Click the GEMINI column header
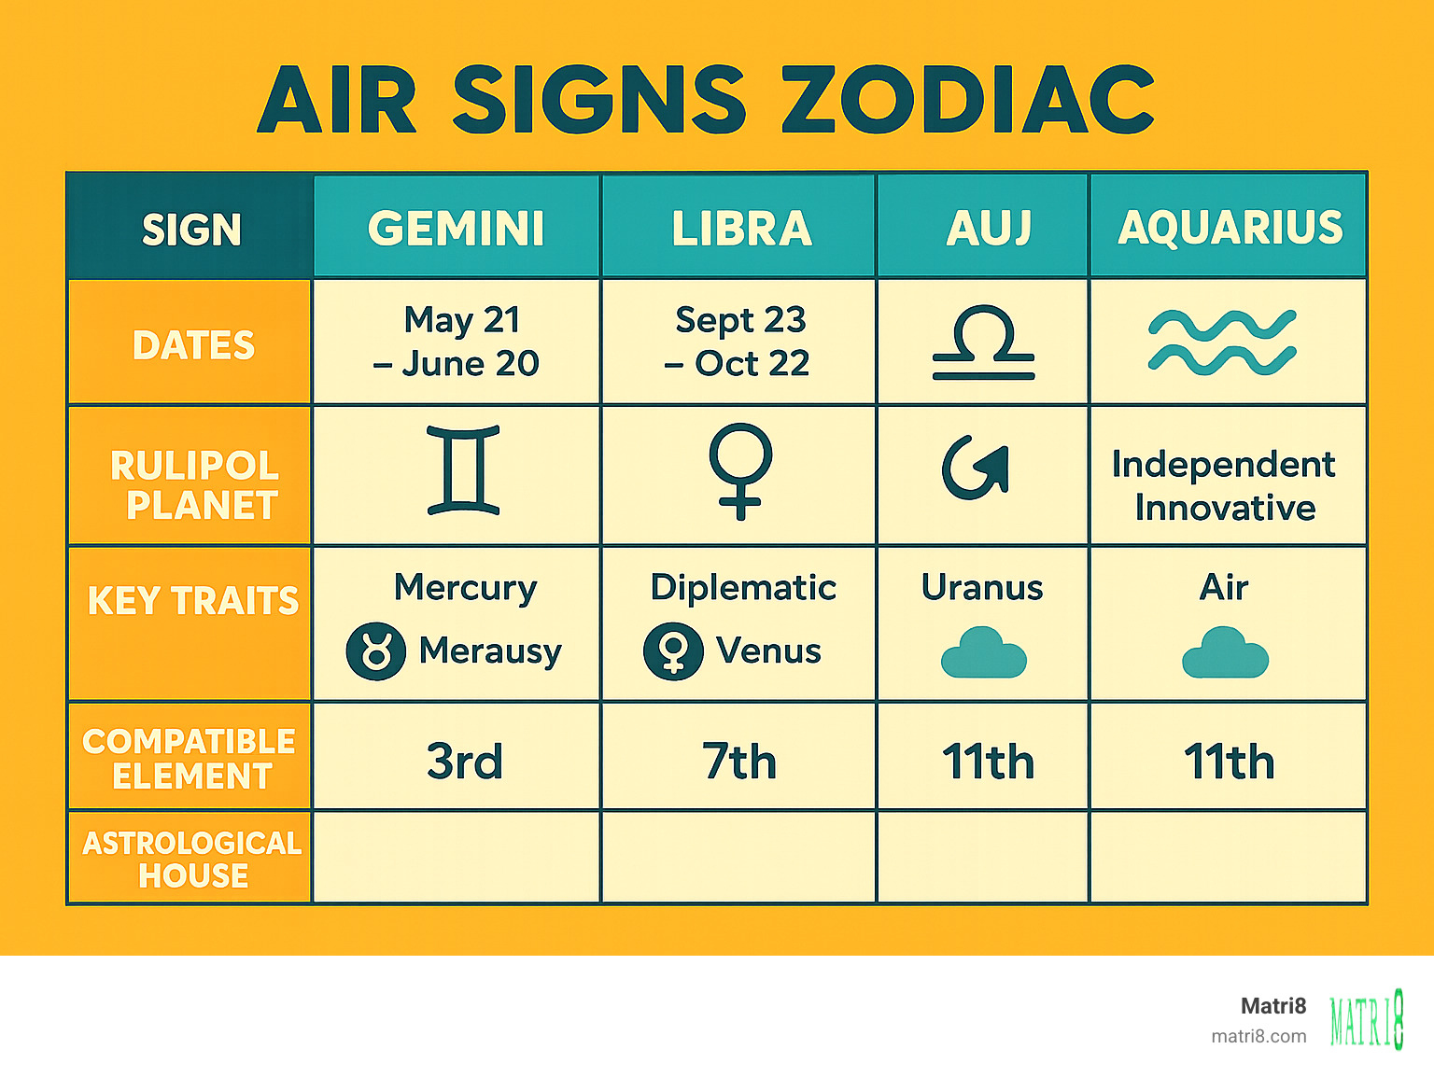click(456, 228)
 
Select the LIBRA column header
click(741, 228)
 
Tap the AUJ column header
click(988, 228)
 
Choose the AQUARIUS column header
click(1230, 228)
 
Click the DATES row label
click(193, 345)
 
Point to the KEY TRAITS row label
click(193, 601)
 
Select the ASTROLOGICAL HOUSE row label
click(192, 859)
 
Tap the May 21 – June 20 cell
click(457, 342)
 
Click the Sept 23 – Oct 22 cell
click(738, 342)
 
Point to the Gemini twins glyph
click(463, 470)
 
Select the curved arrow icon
click(977, 469)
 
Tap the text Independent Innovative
click(1224, 485)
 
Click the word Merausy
click(490, 650)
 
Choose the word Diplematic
click(743, 587)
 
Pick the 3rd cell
click(464, 761)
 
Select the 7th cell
click(739, 761)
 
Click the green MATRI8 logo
click(1367, 1019)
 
